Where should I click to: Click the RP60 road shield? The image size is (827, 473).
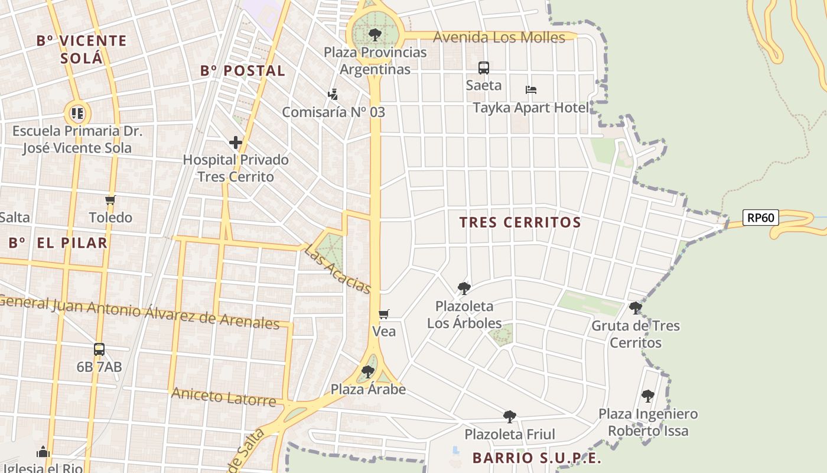[760, 218]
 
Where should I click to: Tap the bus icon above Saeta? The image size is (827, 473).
[483, 67]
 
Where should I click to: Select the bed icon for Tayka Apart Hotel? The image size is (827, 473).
[530, 90]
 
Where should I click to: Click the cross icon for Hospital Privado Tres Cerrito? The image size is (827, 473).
[236, 142]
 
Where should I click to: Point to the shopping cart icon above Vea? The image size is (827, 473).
[384, 314]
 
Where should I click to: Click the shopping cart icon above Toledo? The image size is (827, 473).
[110, 200]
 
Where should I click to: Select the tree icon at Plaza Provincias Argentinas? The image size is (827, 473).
[375, 35]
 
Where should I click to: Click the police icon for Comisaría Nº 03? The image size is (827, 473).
[333, 95]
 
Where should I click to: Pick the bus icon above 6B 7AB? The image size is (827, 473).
[99, 349]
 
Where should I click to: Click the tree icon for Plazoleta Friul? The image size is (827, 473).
[509, 417]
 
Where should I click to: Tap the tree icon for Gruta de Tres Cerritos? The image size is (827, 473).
[636, 308]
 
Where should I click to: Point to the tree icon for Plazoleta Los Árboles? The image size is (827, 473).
[464, 289]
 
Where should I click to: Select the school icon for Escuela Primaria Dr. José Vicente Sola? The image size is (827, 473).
[77, 113]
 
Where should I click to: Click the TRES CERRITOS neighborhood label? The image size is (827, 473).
[520, 223]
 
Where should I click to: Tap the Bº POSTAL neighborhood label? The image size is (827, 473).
[242, 71]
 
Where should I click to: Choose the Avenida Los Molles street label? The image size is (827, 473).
[499, 37]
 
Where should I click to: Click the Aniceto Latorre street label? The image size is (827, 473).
[223, 397]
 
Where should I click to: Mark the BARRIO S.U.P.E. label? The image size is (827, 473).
[536, 458]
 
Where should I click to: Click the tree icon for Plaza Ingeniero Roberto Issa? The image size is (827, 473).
[647, 396]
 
